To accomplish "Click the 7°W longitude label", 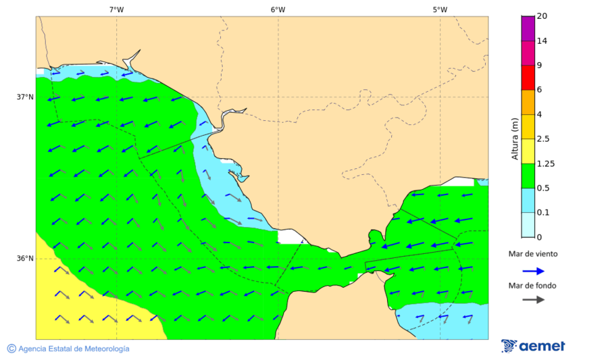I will pos(116,9).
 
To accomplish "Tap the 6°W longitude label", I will pos(278,9).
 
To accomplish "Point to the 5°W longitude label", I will pos(440,9).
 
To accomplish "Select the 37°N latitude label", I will pos(25,97).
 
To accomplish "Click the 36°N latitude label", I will pos(25,259).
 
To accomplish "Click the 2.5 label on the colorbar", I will pos(543,139).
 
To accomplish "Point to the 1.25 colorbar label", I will pos(545,163).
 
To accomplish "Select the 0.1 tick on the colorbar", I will pos(543,213).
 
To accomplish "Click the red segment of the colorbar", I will pos(528,77).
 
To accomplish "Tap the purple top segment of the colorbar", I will pos(528,28).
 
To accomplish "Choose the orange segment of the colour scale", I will pos(528,102).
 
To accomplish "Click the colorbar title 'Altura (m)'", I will pos(515,139).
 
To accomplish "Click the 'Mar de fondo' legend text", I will pos(533,286).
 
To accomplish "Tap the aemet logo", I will pos(534,346).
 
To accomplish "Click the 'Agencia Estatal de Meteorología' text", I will pos(74,349).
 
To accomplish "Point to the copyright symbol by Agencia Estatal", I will pos(11,349).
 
